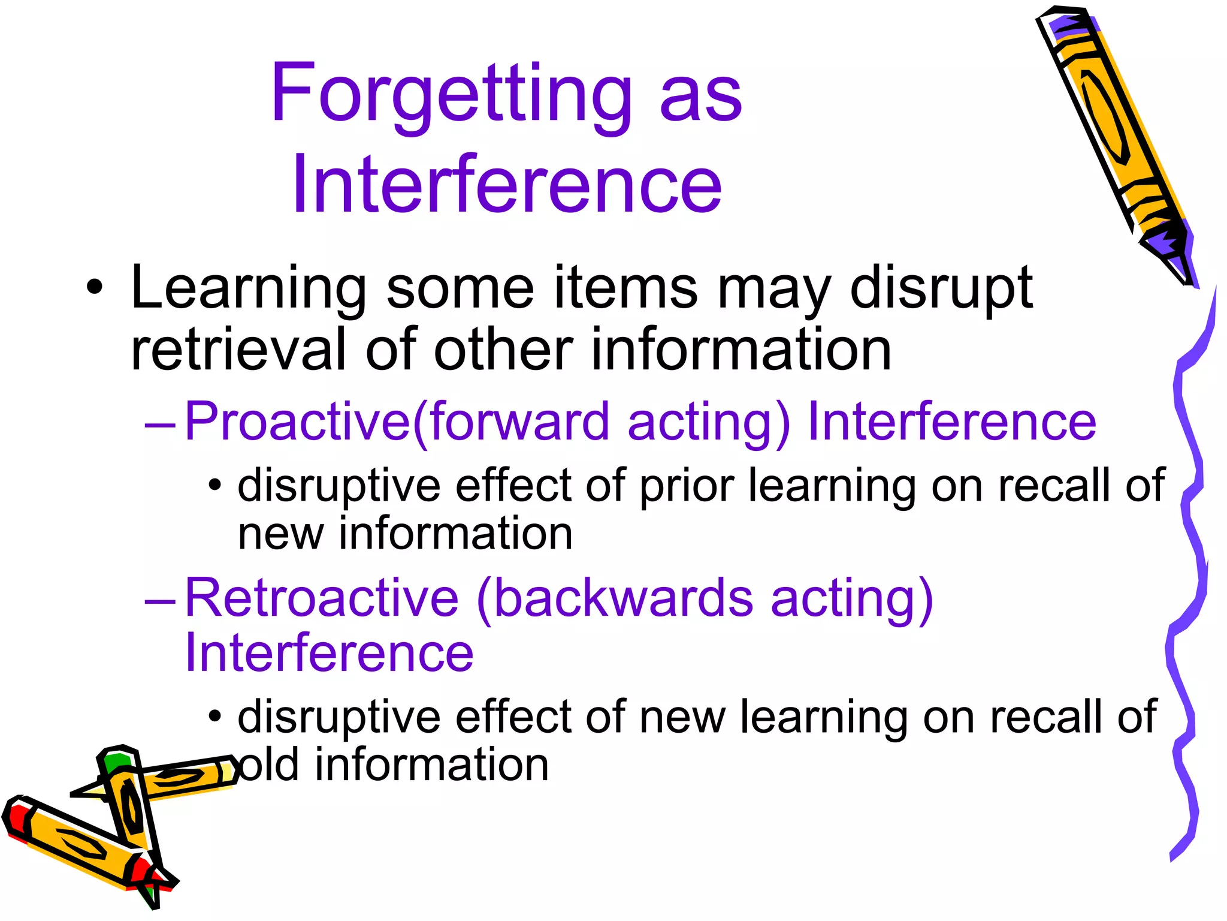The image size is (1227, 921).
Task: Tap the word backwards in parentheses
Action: click(x=623, y=598)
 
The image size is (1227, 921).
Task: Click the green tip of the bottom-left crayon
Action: click(x=115, y=762)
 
